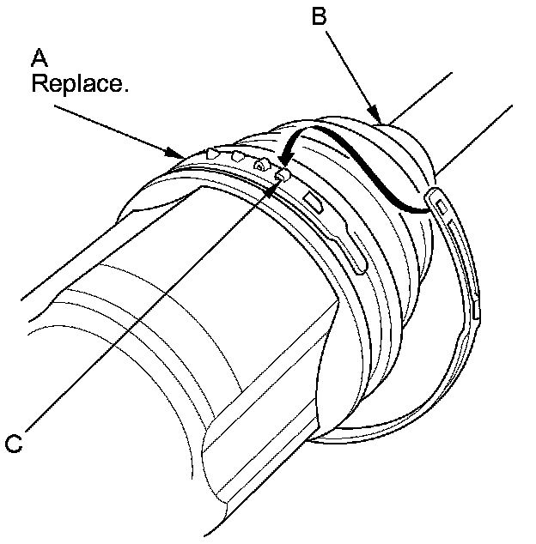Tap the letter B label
pos(319,17)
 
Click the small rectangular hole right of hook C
pos(314,203)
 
